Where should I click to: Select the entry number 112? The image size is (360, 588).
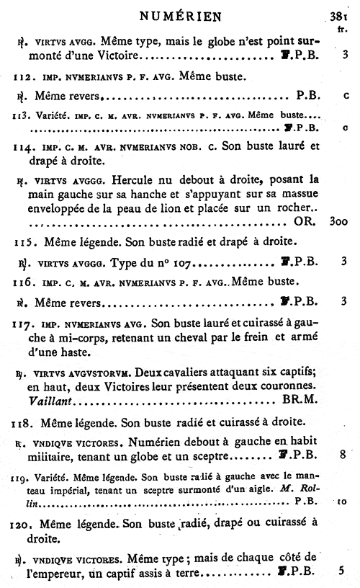pos(24,74)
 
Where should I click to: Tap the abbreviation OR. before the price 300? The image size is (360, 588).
pos(305,221)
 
